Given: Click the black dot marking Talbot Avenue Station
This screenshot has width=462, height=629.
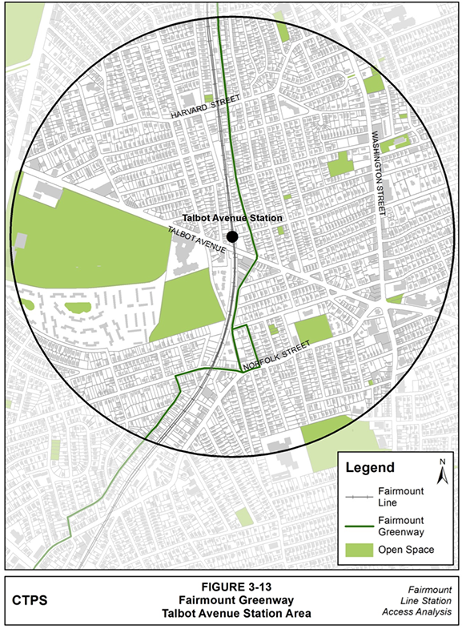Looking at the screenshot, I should tap(232, 236).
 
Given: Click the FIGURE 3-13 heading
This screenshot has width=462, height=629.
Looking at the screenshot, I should tap(232, 585).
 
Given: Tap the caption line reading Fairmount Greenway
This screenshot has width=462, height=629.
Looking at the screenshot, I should tap(232, 599).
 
